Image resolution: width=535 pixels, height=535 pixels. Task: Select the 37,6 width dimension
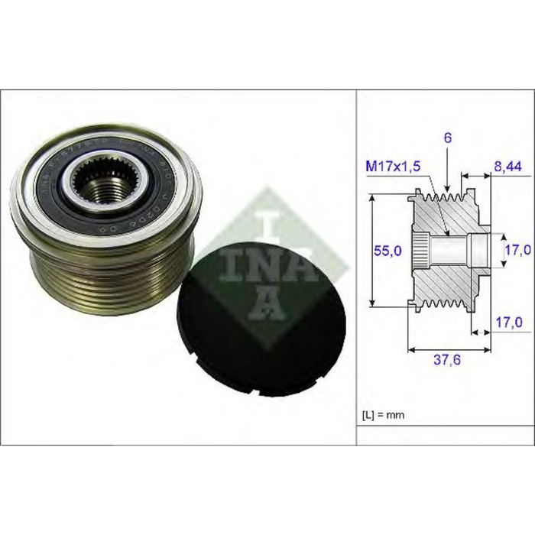pos(439,364)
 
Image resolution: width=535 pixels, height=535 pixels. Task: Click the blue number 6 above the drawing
pos(448,138)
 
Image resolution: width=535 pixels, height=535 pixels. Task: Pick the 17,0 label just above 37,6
pos(508,323)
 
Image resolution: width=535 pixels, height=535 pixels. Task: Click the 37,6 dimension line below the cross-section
pos(439,350)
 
